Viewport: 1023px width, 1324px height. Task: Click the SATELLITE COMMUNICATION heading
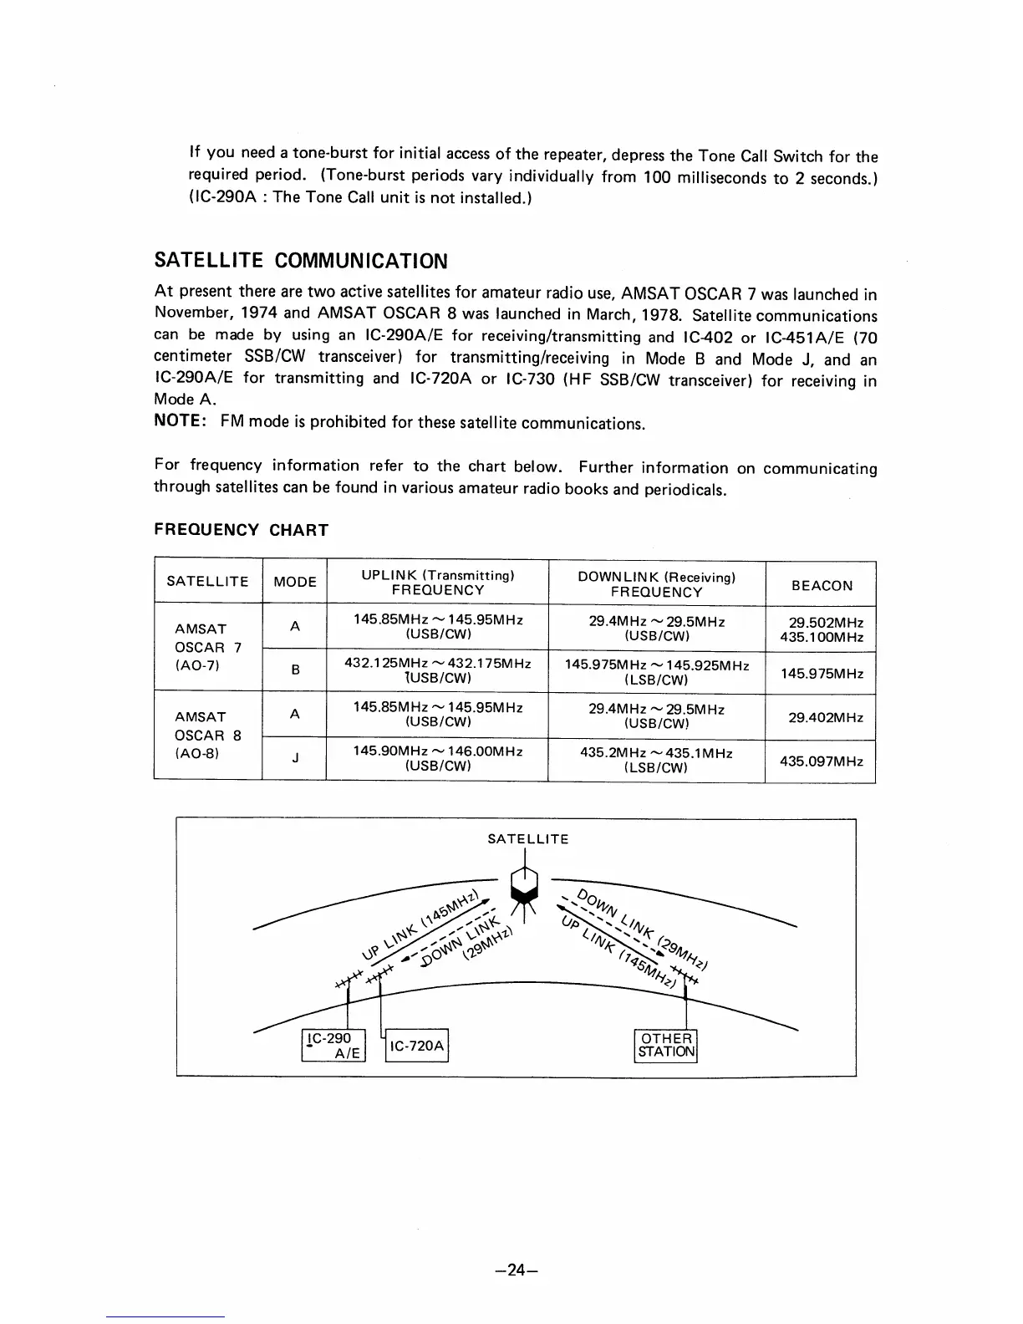[x=302, y=262]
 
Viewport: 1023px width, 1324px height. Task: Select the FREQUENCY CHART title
[x=242, y=530]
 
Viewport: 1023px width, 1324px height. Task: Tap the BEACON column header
[x=822, y=585]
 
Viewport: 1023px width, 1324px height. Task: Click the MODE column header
[x=295, y=582]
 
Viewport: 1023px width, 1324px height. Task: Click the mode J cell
[x=295, y=760]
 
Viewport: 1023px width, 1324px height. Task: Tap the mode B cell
[x=295, y=670]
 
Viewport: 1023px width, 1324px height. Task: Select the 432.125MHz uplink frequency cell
[x=438, y=670]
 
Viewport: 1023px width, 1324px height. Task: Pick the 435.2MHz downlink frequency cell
[x=656, y=761]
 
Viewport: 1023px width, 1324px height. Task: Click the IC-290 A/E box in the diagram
[x=333, y=1046]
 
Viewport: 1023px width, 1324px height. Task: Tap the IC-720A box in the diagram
[x=417, y=1046]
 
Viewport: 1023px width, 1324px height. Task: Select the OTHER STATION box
[x=665, y=1046]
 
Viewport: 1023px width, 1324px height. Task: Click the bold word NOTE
[x=181, y=422]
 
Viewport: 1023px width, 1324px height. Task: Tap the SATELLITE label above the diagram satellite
[x=528, y=839]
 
